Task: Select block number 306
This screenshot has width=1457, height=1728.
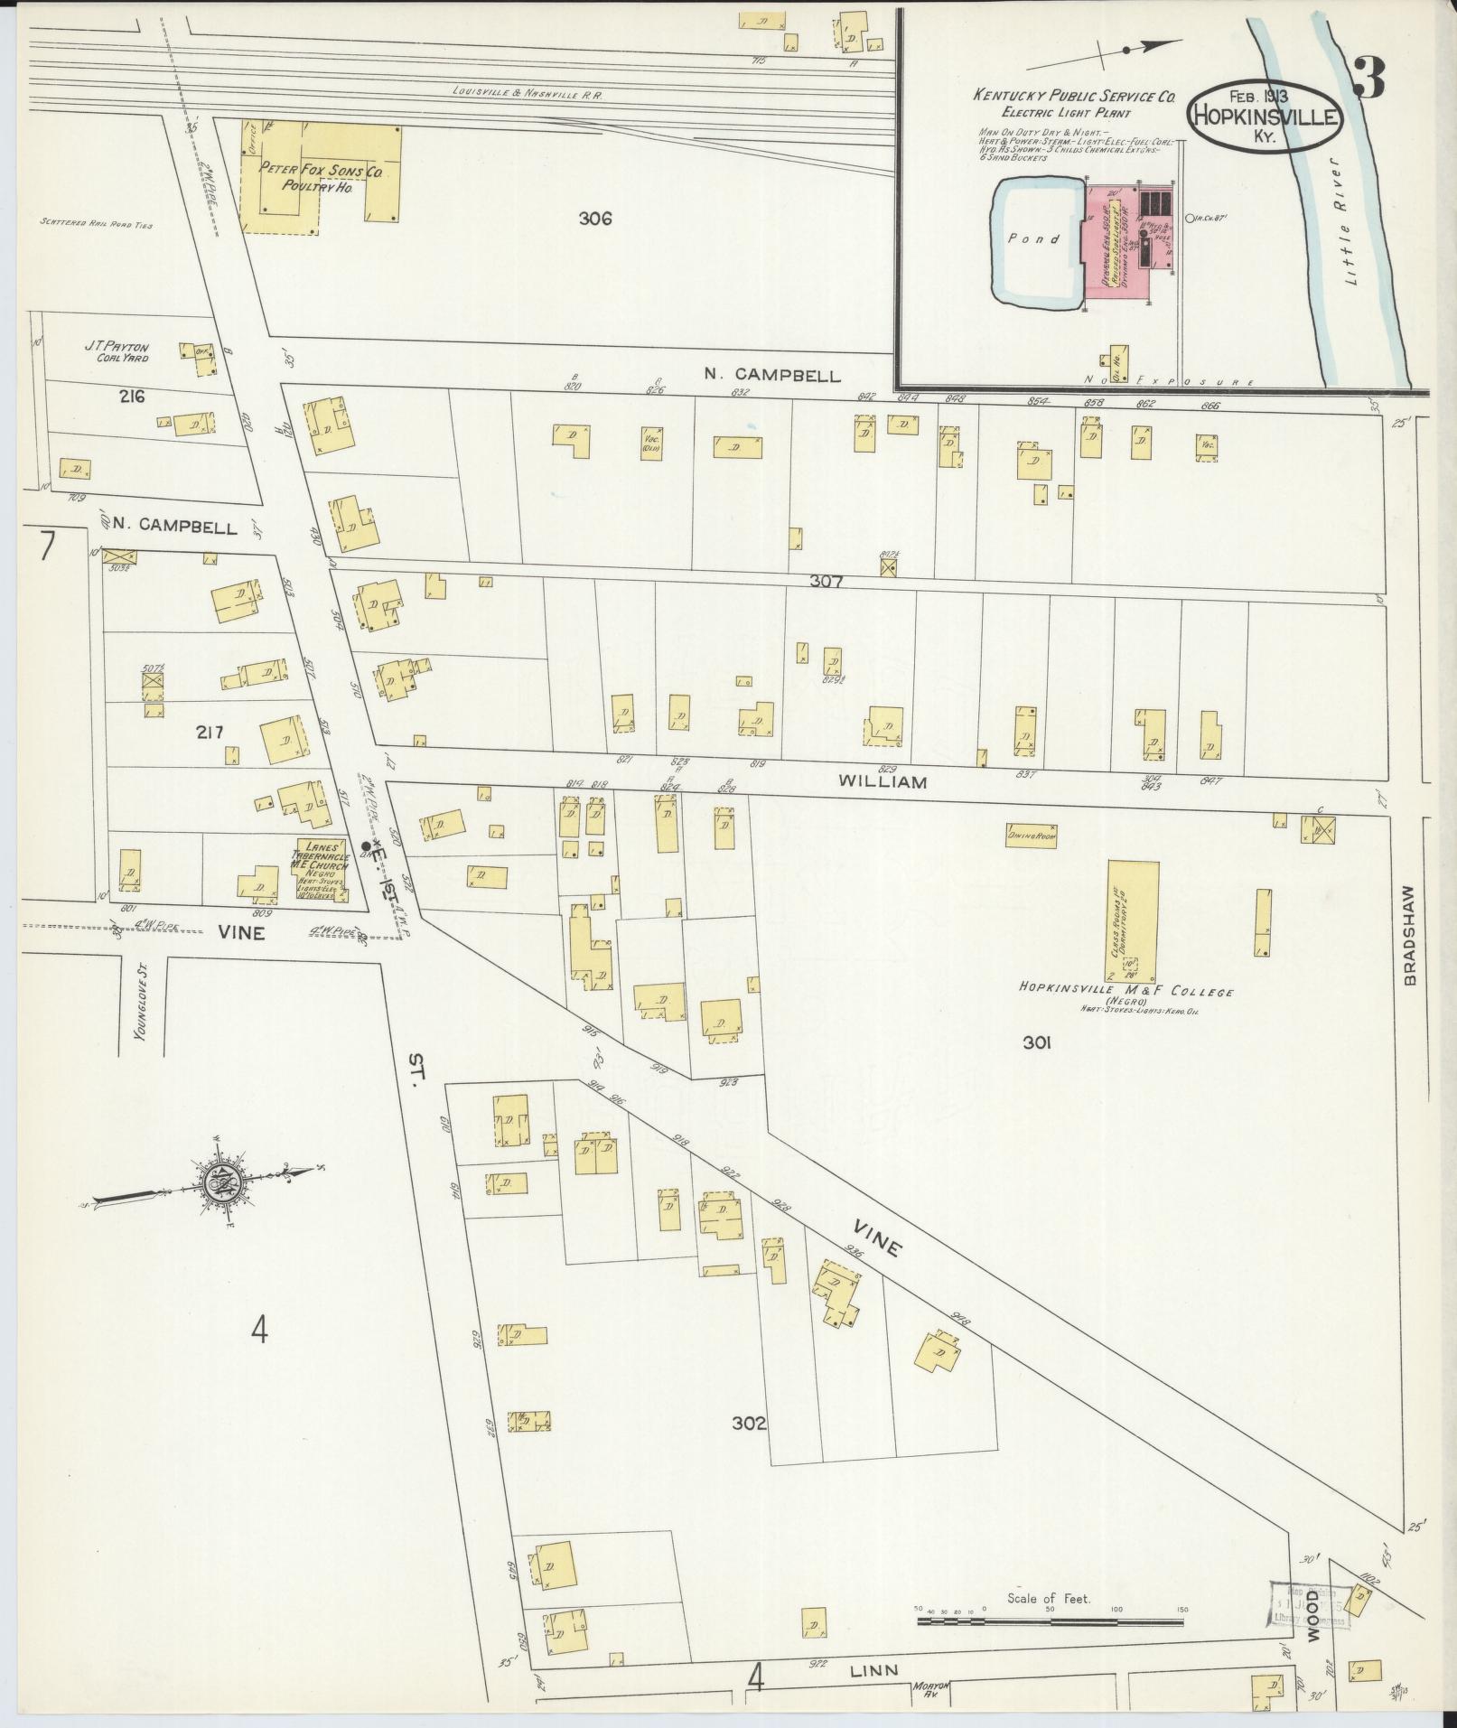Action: pyautogui.click(x=596, y=218)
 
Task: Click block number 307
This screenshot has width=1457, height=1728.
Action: pyautogui.click(x=826, y=582)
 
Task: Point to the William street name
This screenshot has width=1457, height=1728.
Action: pyautogui.click(x=882, y=782)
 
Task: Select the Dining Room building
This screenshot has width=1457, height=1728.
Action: pyautogui.click(x=1032, y=836)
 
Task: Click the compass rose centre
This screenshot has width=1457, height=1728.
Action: pyautogui.click(x=220, y=1182)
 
